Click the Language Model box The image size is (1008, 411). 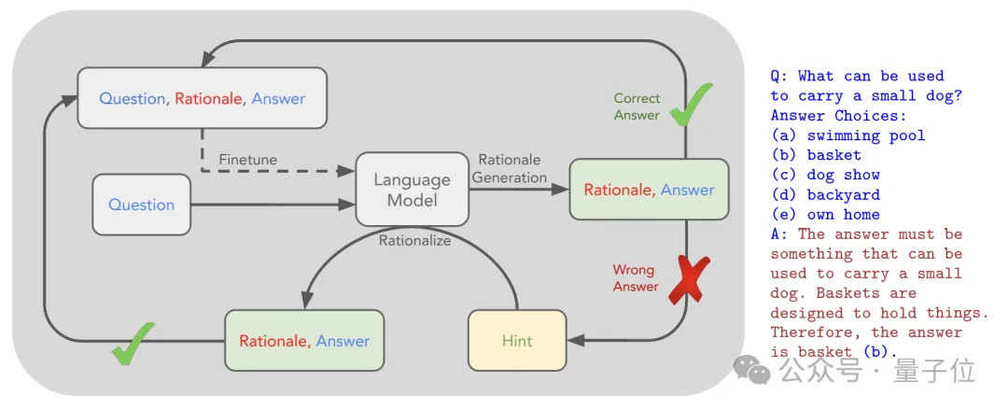[x=412, y=189]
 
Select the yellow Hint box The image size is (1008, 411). [x=517, y=341]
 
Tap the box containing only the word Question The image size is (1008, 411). [x=141, y=205]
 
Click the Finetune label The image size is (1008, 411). [x=248, y=160]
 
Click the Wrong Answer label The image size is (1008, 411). [x=635, y=278]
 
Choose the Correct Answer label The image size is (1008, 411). [x=637, y=106]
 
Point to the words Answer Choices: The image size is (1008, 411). [x=825, y=116]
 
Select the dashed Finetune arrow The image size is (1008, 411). [x=280, y=173]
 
